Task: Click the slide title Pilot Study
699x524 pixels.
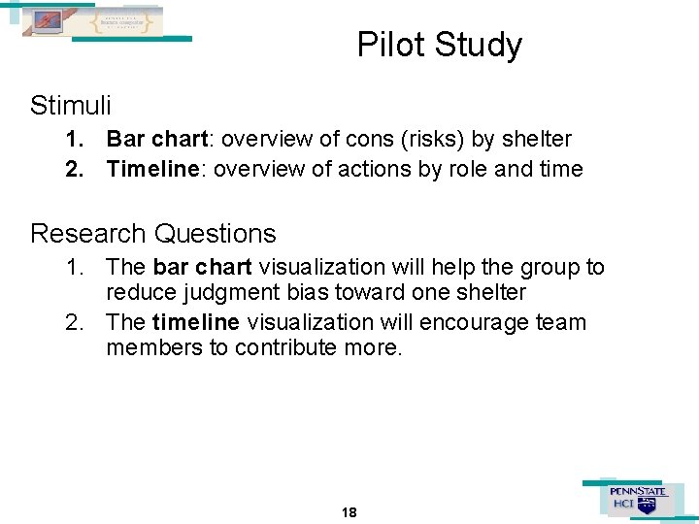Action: (x=439, y=46)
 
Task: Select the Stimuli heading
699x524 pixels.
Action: (x=71, y=105)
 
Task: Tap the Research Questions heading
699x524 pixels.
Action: (x=153, y=234)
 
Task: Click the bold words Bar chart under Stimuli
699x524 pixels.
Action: (x=153, y=140)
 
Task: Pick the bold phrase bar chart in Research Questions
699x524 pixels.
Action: (x=202, y=267)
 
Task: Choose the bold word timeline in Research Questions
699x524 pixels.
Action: (x=197, y=321)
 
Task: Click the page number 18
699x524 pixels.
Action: (x=349, y=511)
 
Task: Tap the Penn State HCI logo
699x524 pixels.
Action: (x=637, y=499)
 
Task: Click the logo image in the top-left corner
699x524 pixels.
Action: (x=92, y=21)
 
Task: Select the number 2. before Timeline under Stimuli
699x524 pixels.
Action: (x=75, y=170)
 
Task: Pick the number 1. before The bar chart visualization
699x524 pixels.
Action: (x=75, y=267)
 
